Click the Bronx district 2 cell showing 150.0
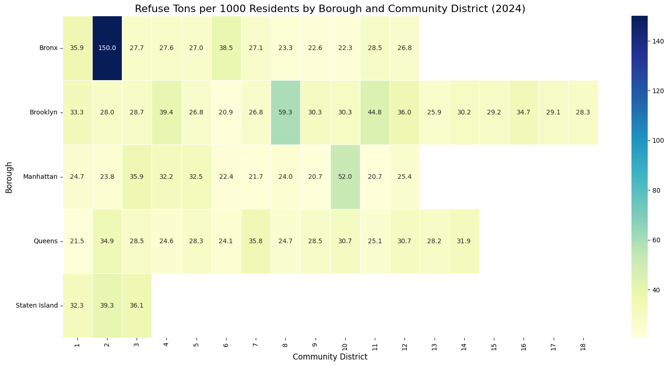[107, 48]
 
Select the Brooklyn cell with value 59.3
[285, 113]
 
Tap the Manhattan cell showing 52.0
[345, 177]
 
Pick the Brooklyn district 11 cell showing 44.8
[375, 113]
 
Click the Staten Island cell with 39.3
[107, 305]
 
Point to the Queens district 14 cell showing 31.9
[464, 241]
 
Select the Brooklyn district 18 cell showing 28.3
[583, 113]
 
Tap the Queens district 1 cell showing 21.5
[77, 241]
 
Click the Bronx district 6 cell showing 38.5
[226, 48]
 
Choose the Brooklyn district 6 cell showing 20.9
[226, 113]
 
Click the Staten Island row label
[37, 305]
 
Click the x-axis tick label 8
[285, 345]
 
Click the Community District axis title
[330, 357]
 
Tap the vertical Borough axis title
[9, 177]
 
